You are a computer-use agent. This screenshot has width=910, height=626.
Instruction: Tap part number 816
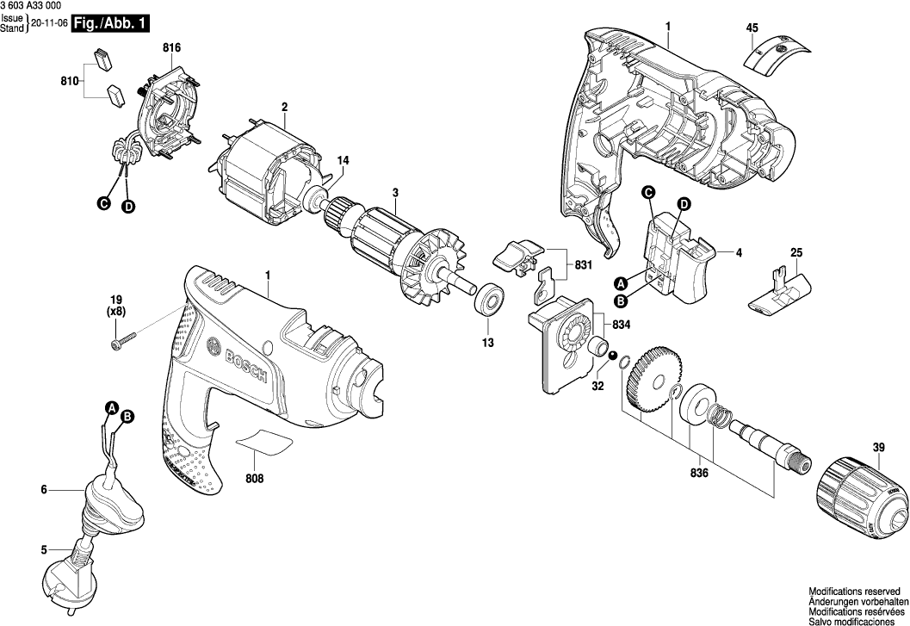(172, 46)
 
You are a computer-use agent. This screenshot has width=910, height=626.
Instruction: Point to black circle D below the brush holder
(127, 207)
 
